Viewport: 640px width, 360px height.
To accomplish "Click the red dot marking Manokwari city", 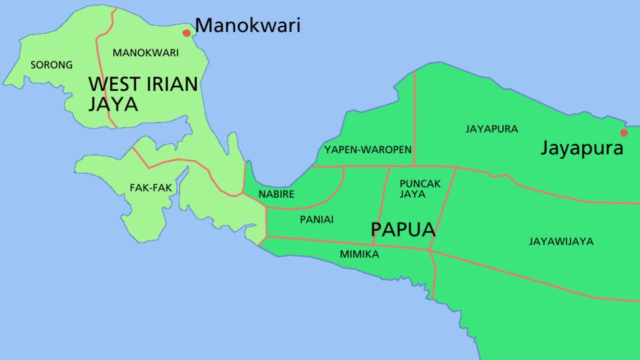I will pos(187,32).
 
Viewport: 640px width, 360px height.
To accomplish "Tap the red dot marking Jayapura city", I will pos(623,133).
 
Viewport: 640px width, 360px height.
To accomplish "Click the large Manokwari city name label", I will pos(248,26).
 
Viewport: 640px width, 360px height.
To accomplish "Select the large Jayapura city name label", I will pos(582,148).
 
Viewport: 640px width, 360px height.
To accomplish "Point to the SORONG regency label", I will pos(52,65).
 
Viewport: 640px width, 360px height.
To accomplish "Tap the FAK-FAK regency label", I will pos(150,188).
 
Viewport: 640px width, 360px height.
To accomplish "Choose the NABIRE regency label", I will pos(276,194).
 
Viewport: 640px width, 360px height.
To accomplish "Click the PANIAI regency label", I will pos(317,219).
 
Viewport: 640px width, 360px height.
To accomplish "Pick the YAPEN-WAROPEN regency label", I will pos(368,150).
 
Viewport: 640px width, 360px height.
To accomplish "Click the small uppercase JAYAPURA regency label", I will pos(492,129).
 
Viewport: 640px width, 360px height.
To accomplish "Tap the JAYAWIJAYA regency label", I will pos(560,241).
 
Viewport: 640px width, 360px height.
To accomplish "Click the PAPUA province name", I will pos(403,229).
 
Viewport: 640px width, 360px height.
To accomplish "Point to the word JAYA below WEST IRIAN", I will pos(113,104).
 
